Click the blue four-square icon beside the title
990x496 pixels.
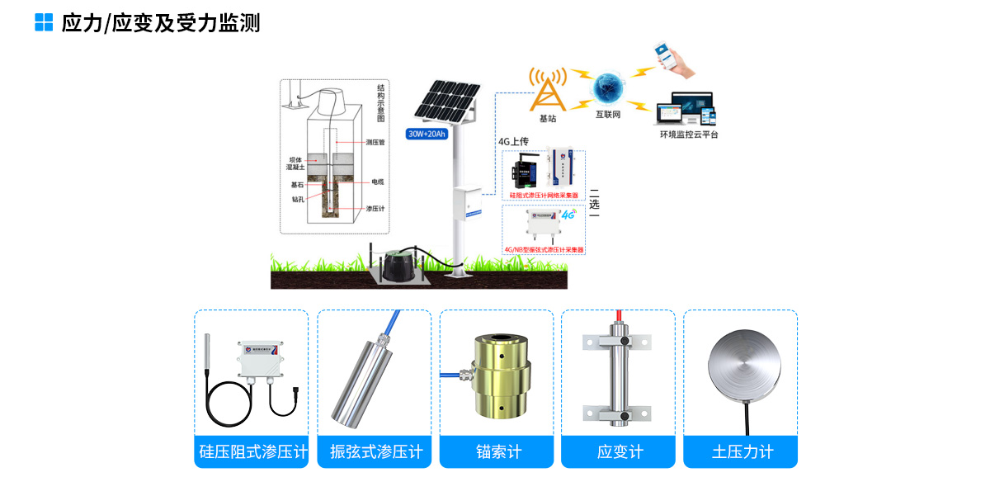click(44, 22)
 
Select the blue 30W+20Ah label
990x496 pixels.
click(427, 135)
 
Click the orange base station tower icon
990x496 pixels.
click(548, 89)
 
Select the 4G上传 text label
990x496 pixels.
click(513, 141)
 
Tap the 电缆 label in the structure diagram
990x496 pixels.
click(379, 181)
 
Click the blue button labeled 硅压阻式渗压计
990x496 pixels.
click(252, 452)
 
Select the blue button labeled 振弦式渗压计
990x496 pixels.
click(375, 452)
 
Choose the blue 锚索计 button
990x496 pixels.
click(497, 452)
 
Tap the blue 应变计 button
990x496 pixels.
click(619, 452)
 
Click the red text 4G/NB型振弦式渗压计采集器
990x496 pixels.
click(544, 248)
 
